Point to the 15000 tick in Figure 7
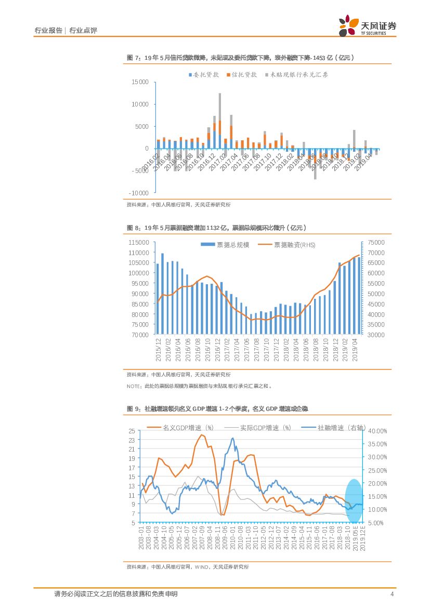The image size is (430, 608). pos(140,82)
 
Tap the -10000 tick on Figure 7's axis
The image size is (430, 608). pos(139,193)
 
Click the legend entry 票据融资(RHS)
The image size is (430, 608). pos(289,245)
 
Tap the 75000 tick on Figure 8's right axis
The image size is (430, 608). pos(375,242)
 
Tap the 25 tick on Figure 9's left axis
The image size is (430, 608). pos(132,431)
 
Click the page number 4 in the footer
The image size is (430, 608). pos(392,594)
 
